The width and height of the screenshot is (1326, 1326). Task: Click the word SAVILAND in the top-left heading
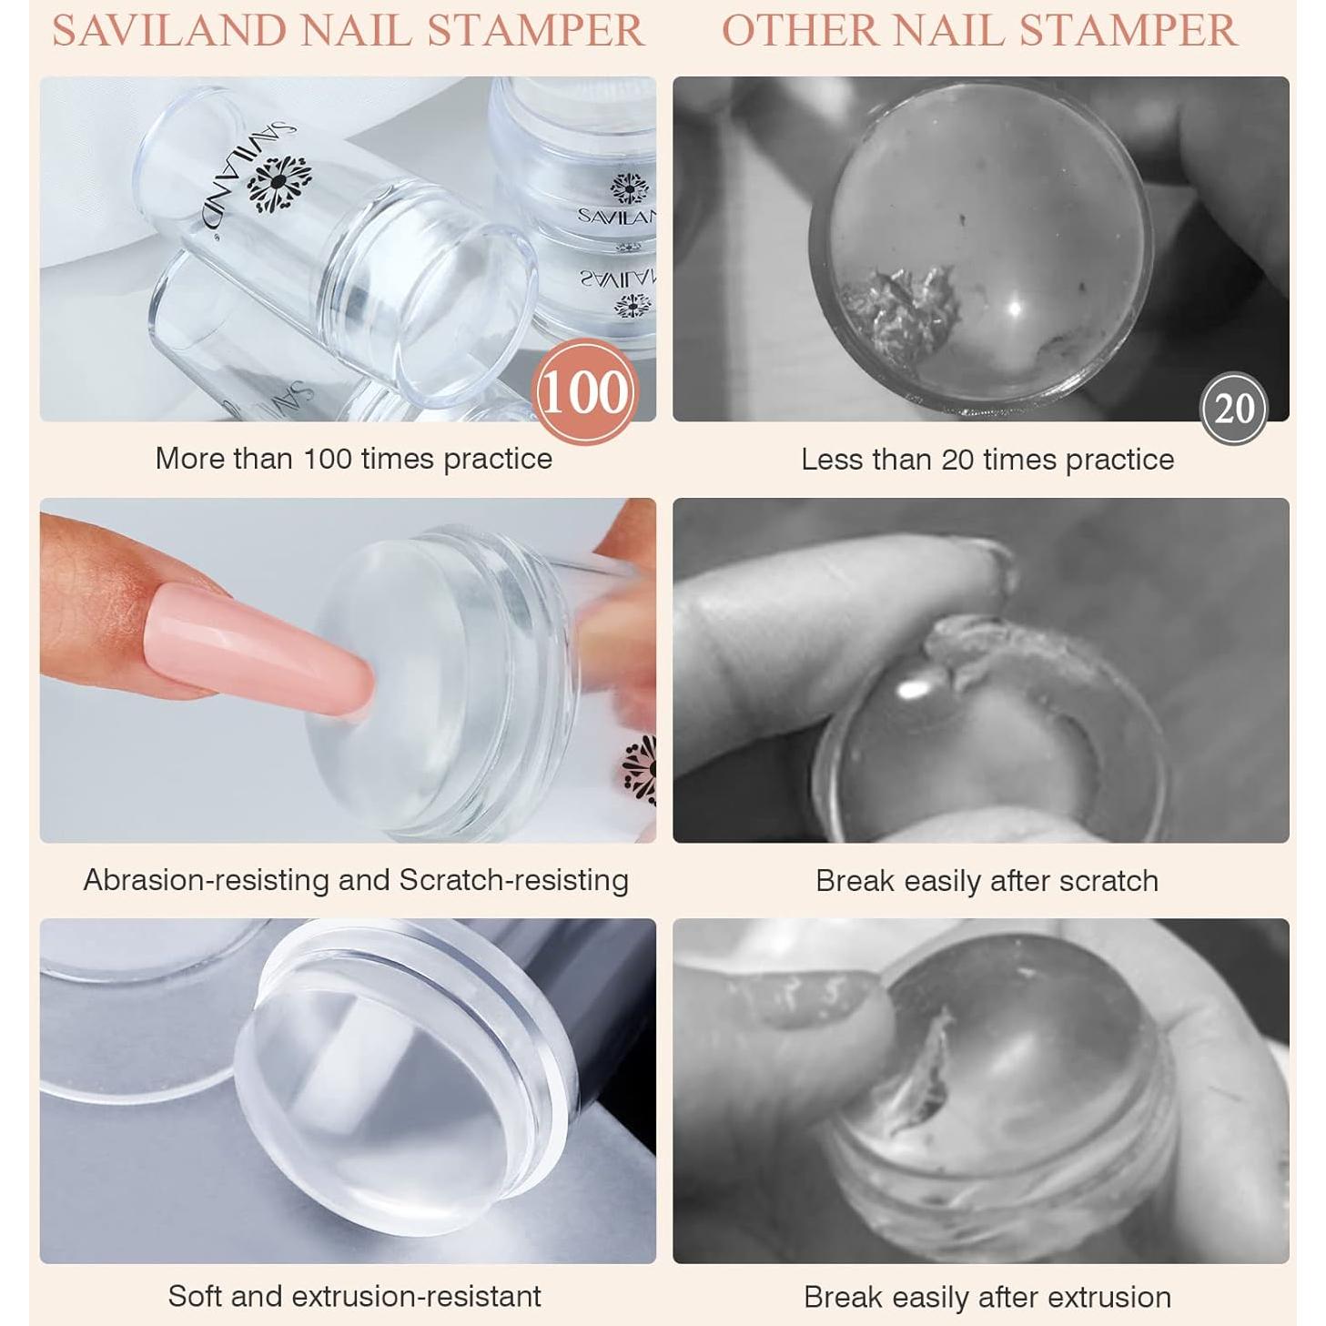pos(169,31)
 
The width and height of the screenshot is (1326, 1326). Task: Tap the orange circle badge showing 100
pos(584,392)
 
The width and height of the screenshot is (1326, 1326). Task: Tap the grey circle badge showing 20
pos(1234,409)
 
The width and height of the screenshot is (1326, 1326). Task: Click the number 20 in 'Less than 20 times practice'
pos(957,460)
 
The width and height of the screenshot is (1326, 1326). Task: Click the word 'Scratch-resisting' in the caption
pos(513,880)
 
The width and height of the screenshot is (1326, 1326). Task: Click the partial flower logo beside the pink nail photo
pos(641,770)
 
